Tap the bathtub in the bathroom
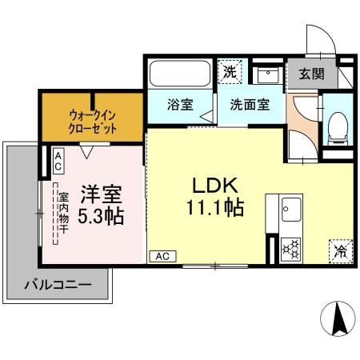(180, 75)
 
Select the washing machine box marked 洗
(230, 72)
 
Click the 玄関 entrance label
(312, 74)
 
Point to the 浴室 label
(179, 103)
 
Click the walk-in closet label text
(93, 121)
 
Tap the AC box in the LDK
(162, 256)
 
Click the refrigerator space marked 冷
(339, 250)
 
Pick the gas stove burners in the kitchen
(290, 249)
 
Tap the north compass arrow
(338, 319)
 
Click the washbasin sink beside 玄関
(267, 77)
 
